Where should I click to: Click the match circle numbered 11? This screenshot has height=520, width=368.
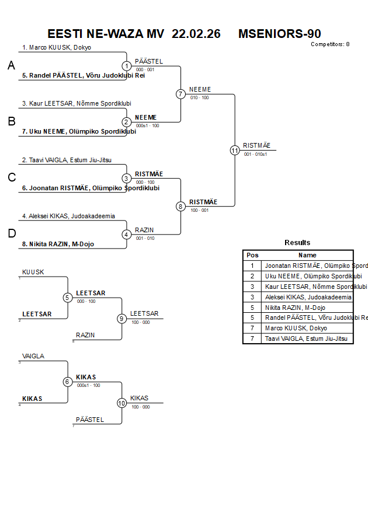tap(235, 151)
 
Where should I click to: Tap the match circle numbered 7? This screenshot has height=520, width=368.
tap(180, 94)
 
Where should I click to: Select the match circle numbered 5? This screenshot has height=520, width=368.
tap(68, 298)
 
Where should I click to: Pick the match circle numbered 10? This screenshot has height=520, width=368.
tap(122, 403)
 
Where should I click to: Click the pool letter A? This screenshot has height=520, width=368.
tap(11, 66)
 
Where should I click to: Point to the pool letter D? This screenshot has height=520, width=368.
tap(11, 234)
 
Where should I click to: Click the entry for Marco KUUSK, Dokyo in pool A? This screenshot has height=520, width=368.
tap(57, 47)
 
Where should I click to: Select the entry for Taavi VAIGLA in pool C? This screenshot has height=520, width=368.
tap(67, 160)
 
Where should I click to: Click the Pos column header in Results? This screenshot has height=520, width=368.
tap(252, 255)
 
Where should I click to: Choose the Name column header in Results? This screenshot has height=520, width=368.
tap(307, 255)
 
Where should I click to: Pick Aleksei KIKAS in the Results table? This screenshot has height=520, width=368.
tap(308, 297)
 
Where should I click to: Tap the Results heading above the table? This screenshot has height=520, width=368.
tap(297, 243)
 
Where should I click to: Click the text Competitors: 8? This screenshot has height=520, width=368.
tap(330, 44)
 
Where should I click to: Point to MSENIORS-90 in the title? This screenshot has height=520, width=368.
tap(279, 34)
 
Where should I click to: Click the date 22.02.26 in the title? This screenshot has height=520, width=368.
tap(196, 34)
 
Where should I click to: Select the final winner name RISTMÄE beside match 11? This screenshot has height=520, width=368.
tap(257, 146)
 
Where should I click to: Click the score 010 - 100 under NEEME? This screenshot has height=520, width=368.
tap(199, 97)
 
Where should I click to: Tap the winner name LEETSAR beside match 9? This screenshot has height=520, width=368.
tap(144, 313)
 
